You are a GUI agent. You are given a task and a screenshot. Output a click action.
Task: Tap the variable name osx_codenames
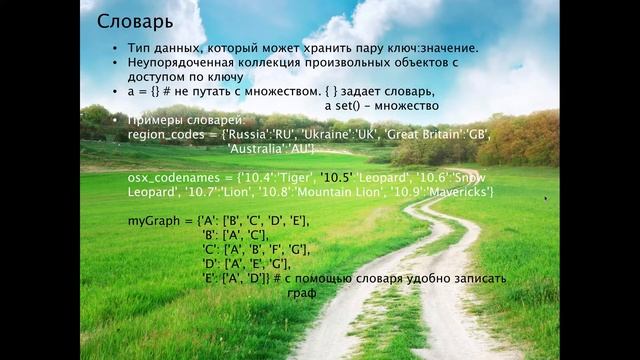pyautogui.click(x=169, y=177)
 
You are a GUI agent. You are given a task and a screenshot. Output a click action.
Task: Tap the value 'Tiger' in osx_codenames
pyautogui.click(x=300, y=177)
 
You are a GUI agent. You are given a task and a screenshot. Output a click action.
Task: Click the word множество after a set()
pyautogui.click(x=404, y=104)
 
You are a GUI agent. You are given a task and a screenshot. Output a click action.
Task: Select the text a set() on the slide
pyautogui.click(x=346, y=104)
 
